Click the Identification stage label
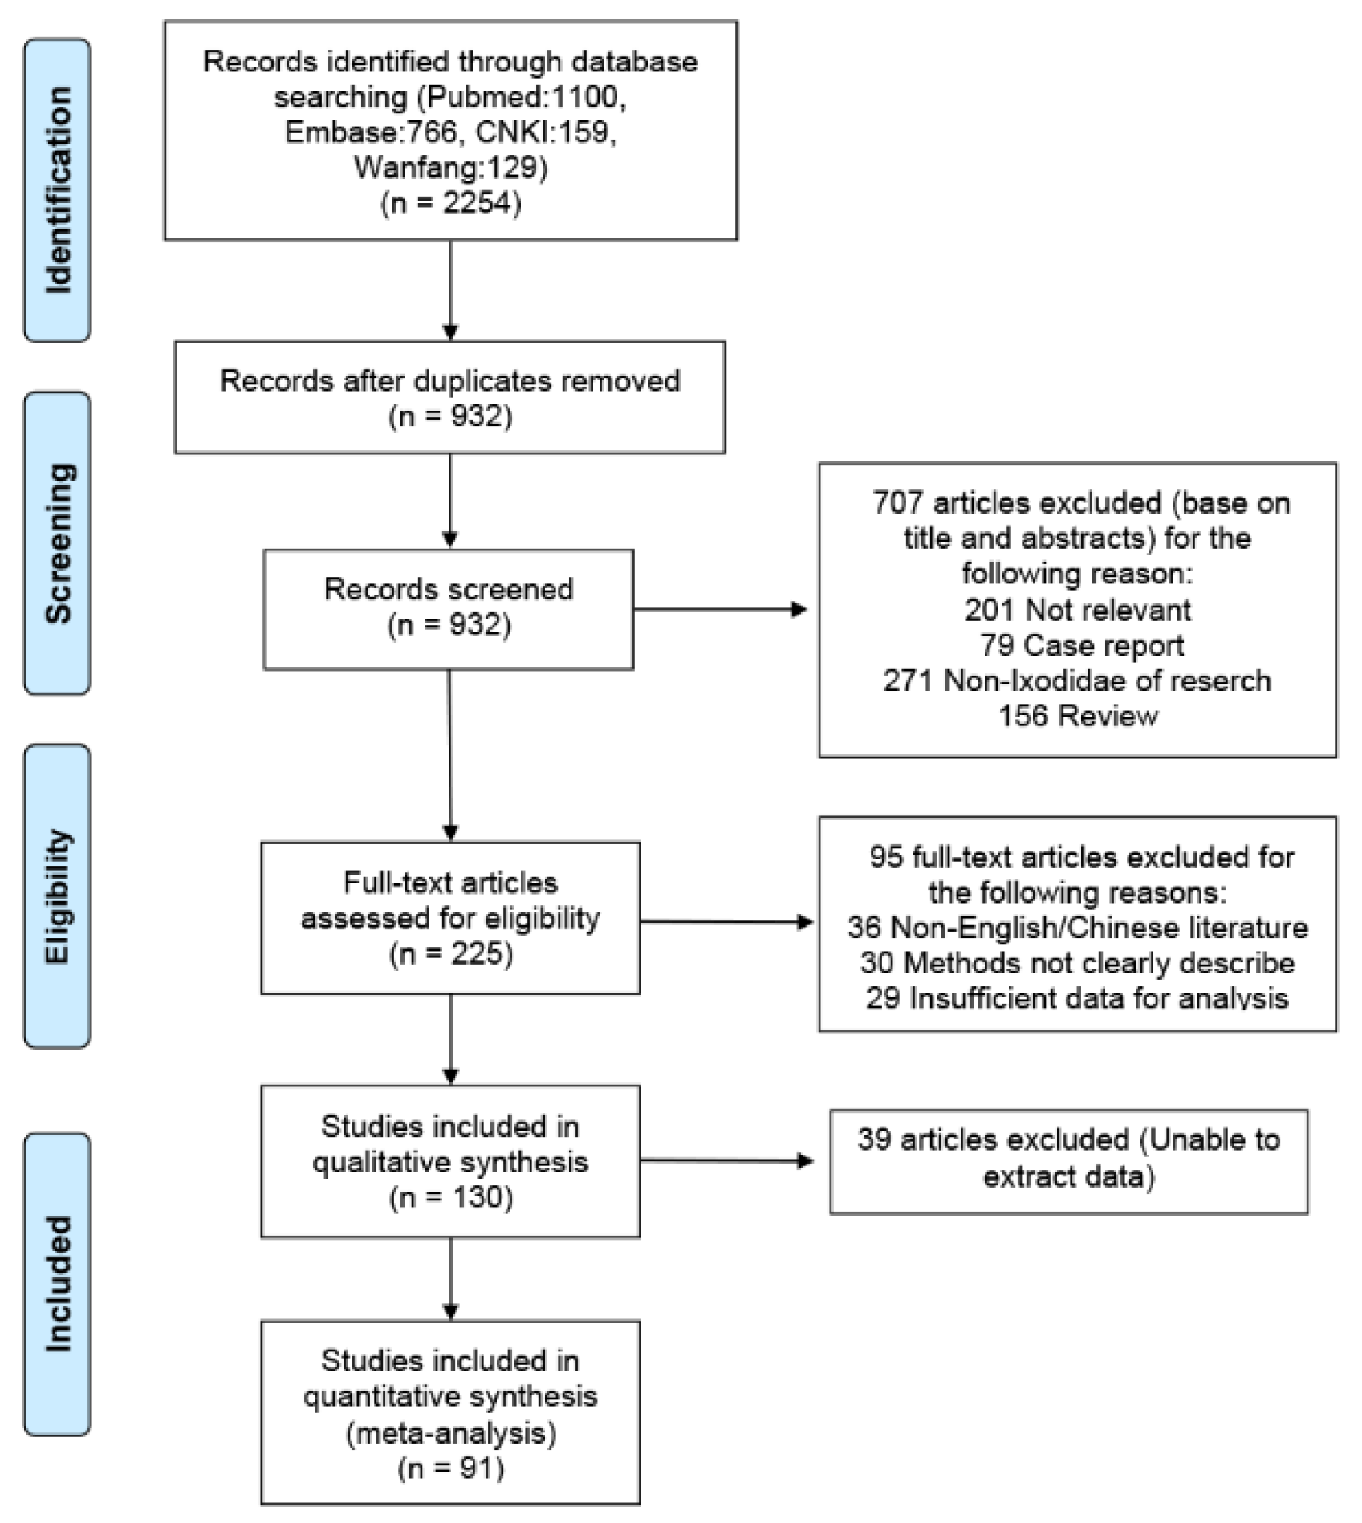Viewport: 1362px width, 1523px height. pos(57,190)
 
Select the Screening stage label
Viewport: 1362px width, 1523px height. pos(57,543)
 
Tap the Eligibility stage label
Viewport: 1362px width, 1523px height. pos(57,896)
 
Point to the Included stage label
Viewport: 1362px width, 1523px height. pos(57,1284)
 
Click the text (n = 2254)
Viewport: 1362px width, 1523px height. pos(450,202)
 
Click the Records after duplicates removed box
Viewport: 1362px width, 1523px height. pos(449,397)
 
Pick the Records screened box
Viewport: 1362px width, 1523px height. pos(448,609)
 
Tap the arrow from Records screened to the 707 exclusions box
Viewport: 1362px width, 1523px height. pos(720,610)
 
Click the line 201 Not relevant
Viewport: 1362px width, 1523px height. pos(1077,610)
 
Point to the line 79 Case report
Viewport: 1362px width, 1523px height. pos(1081,645)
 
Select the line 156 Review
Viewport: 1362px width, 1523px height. pos(1077,716)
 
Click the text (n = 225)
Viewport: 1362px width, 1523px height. pos(450,953)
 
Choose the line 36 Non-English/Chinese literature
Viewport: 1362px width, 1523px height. pos(1077,928)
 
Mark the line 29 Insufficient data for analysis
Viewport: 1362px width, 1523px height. pos(1077,998)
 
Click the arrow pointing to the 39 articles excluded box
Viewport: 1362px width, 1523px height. pos(726,1160)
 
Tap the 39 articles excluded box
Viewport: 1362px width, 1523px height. pos(1068,1161)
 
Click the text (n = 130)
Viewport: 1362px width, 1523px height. pos(450,1197)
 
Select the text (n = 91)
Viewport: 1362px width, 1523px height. pos(450,1468)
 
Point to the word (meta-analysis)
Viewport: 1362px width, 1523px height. pos(450,1432)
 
